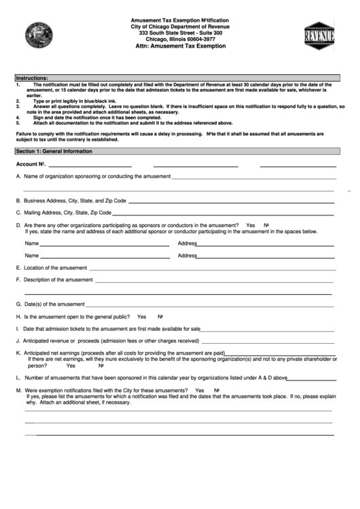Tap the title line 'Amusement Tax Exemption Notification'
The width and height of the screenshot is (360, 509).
pyautogui.click(x=180, y=21)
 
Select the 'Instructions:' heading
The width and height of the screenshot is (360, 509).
pyautogui.click(x=33, y=78)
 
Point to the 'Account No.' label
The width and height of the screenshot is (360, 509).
pyautogui.click(x=31, y=164)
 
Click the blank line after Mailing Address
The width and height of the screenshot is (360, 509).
pyautogui.click(x=224, y=213)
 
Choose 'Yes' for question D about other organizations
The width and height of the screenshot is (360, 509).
pyautogui.click(x=251, y=225)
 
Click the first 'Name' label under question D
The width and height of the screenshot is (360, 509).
pyautogui.click(x=32, y=243)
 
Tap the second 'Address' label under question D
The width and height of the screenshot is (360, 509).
pyautogui.click(x=187, y=256)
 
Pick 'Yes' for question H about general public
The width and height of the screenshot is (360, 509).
pyautogui.click(x=141, y=317)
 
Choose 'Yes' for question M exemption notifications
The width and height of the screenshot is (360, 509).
pyautogui.click(x=199, y=391)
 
